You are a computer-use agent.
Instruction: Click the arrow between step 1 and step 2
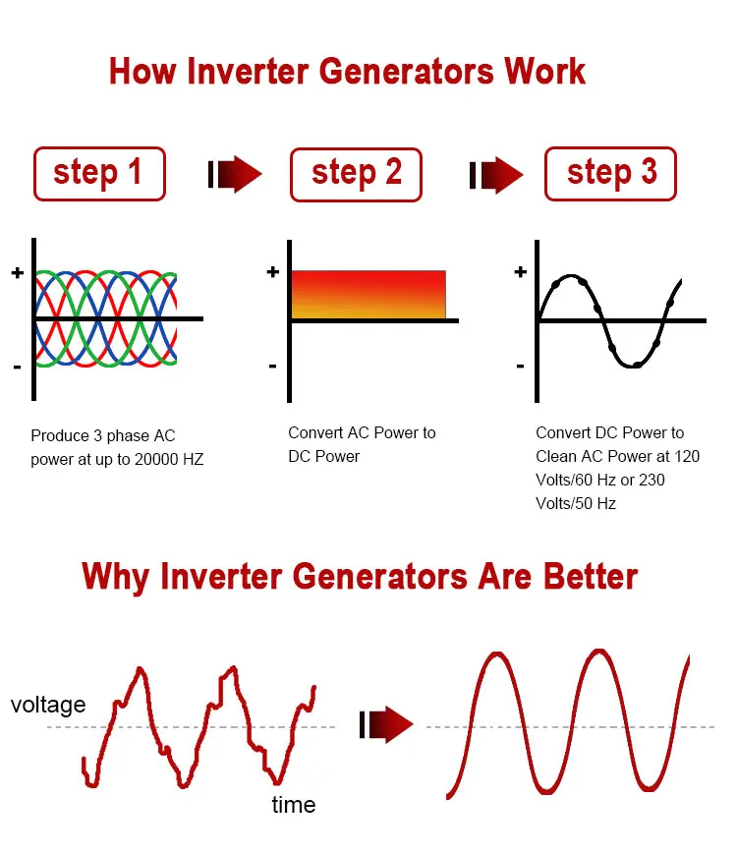pos(235,174)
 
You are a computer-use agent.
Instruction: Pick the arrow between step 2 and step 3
pos(496,175)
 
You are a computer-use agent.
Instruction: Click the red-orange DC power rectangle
pos(368,294)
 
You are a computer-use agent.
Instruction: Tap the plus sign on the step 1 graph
pos(18,272)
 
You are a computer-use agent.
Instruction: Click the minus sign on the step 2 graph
pos(272,367)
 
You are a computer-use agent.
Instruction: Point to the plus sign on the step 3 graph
pos(521,271)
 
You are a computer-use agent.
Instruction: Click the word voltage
pos(48,705)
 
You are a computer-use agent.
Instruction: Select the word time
pos(294,805)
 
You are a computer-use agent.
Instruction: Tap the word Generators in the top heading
pos(406,72)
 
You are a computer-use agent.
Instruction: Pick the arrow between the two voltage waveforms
pos(387,724)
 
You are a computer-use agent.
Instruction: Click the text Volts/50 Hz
pos(576,503)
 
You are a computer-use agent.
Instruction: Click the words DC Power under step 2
pos(323,456)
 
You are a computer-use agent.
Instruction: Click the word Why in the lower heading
pos(115,577)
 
